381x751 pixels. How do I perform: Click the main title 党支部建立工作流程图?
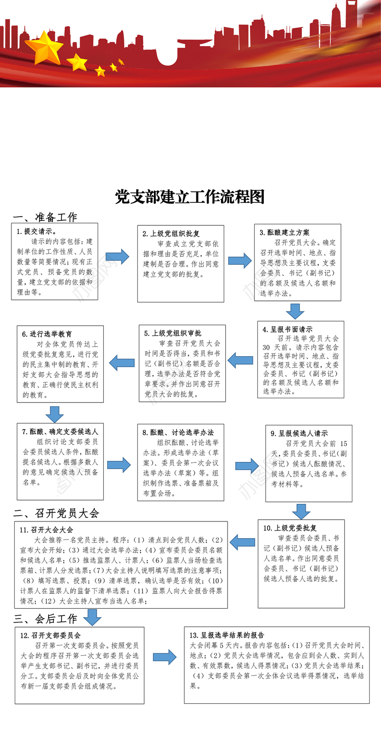(x=190, y=197)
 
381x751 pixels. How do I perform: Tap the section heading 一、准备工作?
(x=45, y=218)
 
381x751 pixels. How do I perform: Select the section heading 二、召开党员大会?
(x=56, y=513)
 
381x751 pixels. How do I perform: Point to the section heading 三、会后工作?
(x=45, y=619)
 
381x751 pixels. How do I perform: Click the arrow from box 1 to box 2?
(x=118, y=257)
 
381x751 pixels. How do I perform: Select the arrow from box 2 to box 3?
(x=240, y=260)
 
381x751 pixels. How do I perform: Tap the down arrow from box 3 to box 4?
(x=295, y=311)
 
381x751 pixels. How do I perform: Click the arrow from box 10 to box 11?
(x=243, y=541)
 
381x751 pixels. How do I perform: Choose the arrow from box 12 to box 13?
(x=165, y=657)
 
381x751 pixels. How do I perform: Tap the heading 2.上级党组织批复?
(x=171, y=233)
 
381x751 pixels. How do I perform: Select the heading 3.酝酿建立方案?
(x=284, y=232)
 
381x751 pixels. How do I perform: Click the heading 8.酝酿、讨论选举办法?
(x=178, y=432)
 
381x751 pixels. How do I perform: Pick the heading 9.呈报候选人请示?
(x=299, y=433)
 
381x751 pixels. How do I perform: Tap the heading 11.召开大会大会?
(x=46, y=530)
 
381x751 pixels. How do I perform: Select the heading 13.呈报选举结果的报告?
(x=227, y=635)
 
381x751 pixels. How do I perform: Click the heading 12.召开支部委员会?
(x=50, y=635)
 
